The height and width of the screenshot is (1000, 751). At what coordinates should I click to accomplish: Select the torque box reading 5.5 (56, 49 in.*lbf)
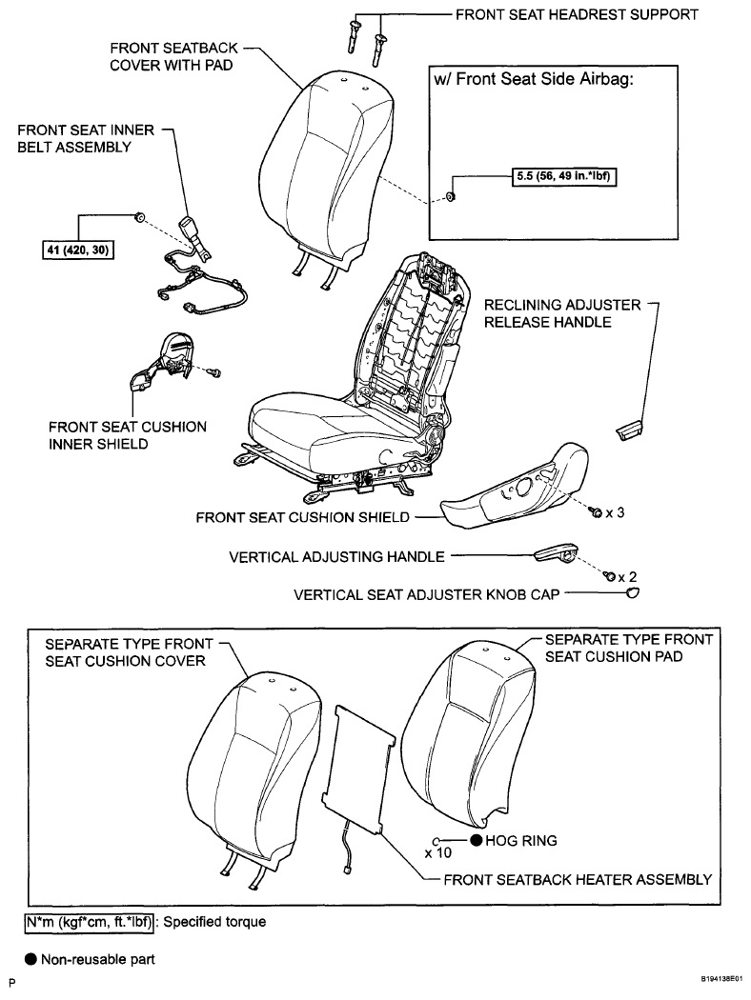click(x=564, y=176)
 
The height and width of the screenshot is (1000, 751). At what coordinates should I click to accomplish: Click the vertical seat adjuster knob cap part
click(x=633, y=593)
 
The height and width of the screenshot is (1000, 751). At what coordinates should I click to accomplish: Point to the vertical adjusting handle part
click(x=555, y=553)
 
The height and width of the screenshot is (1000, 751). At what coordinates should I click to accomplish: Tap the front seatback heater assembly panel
click(x=360, y=769)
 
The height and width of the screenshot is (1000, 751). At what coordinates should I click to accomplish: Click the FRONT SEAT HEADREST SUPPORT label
click(x=577, y=14)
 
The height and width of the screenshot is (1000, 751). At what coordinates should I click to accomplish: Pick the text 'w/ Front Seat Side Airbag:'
click(x=534, y=79)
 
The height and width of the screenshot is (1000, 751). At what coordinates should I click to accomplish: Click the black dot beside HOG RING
click(x=476, y=840)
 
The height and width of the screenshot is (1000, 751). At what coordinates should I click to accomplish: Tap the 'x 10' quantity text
click(x=438, y=852)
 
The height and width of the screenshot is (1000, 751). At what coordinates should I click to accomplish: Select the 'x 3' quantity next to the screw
click(x=615, y=512)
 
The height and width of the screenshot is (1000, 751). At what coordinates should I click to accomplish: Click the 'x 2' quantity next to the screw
click(x=627, y=576)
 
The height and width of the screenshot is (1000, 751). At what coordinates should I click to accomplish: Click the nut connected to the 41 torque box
click(x=138, y=217)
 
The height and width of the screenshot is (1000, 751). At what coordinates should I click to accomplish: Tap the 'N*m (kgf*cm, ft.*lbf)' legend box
click(x=90, y=922)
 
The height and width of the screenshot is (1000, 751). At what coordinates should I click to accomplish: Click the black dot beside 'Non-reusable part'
click(x=30, y=959)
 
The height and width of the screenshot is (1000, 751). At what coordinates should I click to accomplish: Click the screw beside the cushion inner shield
click(x=214, y=371)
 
